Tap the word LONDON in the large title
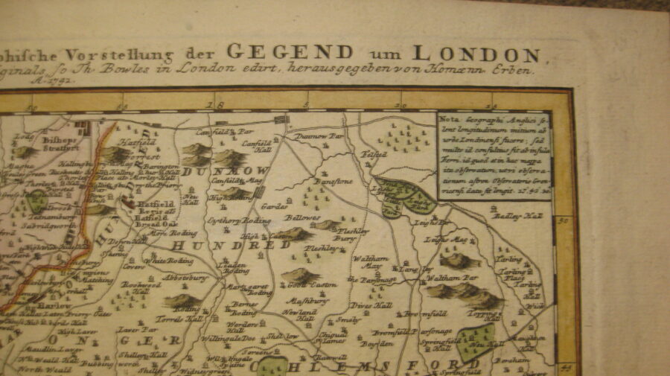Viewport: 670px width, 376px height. [x=476, y=54]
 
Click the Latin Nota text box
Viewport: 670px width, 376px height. [x=494, y=156]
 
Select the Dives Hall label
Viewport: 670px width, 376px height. [x=366, y=305]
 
